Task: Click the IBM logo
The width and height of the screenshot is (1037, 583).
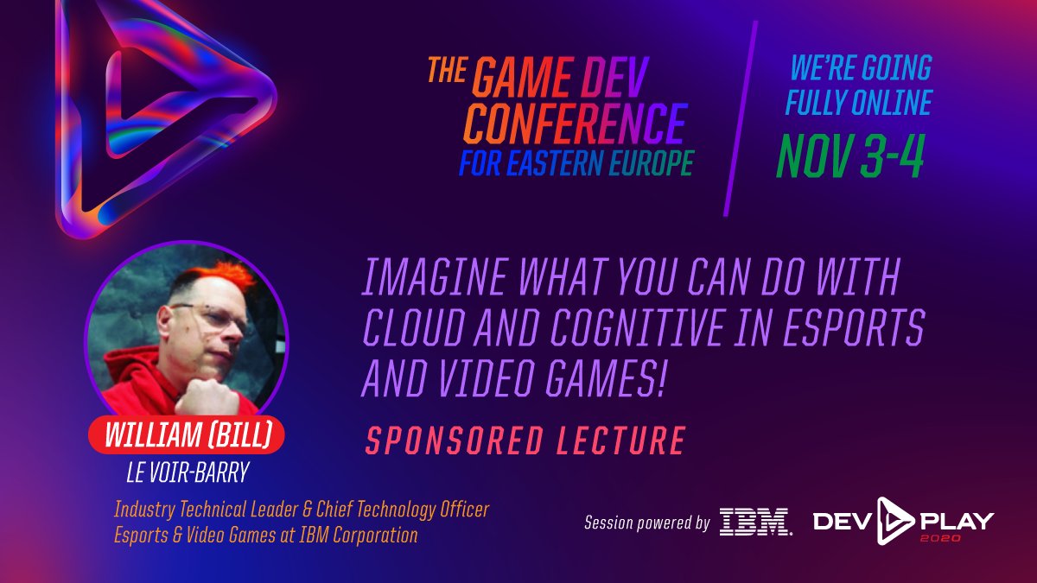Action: point(755,522)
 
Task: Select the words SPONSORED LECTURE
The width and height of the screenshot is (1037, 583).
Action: point(525,440)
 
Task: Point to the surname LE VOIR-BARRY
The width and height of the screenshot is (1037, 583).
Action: point(188,472)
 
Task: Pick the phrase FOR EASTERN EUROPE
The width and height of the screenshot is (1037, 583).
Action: point(576,163)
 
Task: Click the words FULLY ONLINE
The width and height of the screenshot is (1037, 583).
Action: point(857,103)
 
